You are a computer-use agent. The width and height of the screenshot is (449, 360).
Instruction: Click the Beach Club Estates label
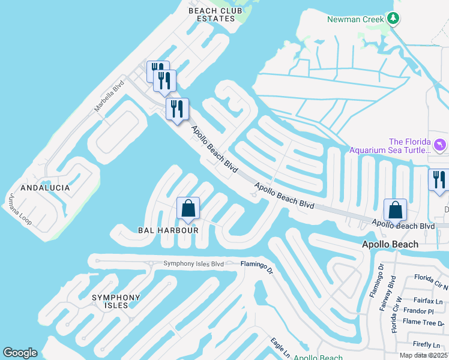tap(211, 14)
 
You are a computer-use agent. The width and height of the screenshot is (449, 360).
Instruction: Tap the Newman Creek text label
tap(354, 19)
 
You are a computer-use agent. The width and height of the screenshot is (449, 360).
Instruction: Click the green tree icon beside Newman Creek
tap(393, 19)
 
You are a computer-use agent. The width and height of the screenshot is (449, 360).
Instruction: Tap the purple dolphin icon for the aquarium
tap(440, 145)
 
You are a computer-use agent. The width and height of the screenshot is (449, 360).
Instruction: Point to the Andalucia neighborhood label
tap(45, 188)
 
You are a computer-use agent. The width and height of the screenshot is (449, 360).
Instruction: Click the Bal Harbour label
tap(168, 230)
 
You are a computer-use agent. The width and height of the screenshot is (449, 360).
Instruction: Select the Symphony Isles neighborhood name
tap(116, 301)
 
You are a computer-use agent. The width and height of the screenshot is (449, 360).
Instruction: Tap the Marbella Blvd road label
tap(109, 97)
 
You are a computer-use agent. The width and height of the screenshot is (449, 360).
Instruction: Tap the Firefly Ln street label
tap(427, 344)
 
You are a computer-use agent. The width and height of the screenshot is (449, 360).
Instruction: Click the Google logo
tap(20, 353)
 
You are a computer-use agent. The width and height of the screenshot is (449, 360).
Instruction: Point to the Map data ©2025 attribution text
tap(423, 355)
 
